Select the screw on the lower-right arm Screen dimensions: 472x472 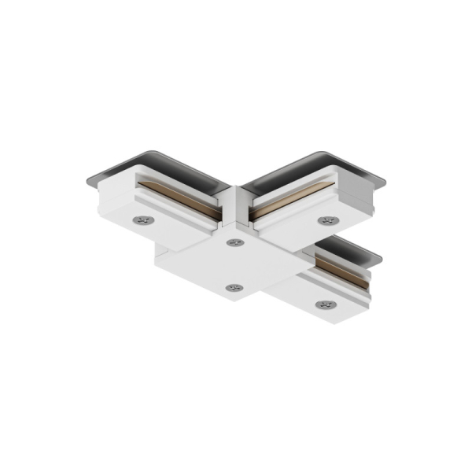click(323, 304)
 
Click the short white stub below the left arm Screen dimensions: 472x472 click(169, 260)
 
